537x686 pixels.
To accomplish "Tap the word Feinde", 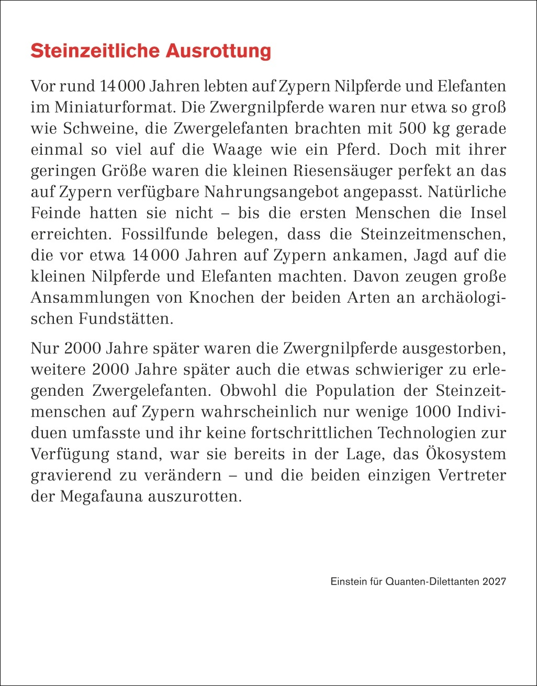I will [55, 213].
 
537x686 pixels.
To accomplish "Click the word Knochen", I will [220, 298].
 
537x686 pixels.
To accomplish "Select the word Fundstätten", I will [126, 318].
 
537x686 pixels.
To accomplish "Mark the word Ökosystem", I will [462, 453].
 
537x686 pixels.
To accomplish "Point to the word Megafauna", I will [102, 496].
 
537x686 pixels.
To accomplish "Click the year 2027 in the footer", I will [495, 581].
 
